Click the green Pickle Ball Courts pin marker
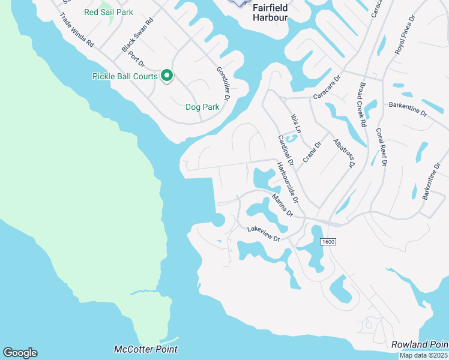(167, 76)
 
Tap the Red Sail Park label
(109, 12)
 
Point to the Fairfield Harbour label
(270, 13)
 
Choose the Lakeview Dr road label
(264, 234)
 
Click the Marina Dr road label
(282, 205)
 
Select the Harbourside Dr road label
(288, 181)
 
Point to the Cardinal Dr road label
(285, 150)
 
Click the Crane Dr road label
(312, 151)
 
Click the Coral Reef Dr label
(381, 146)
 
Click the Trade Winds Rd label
(77, 31)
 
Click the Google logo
(20, 353)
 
